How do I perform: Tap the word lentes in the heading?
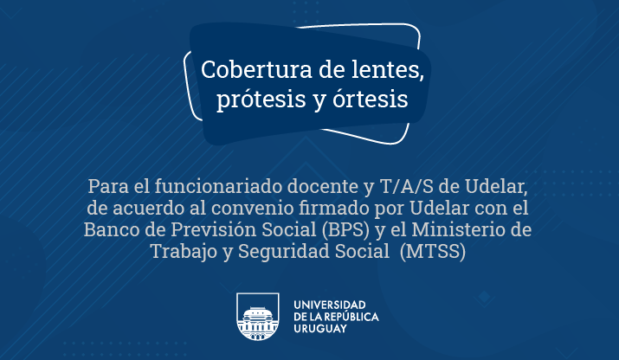point(388,69)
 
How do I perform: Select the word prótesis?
point(261,99)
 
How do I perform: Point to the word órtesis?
point(371,99)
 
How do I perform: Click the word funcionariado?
point(218,186)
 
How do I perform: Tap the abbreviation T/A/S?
point(407,187)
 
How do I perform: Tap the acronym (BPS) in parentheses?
point(345,229)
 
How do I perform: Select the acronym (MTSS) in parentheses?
point(433,252)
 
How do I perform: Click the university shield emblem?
point(258,317)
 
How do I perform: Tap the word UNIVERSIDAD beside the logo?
point(330,305)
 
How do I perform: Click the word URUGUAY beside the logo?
point(320,329)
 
